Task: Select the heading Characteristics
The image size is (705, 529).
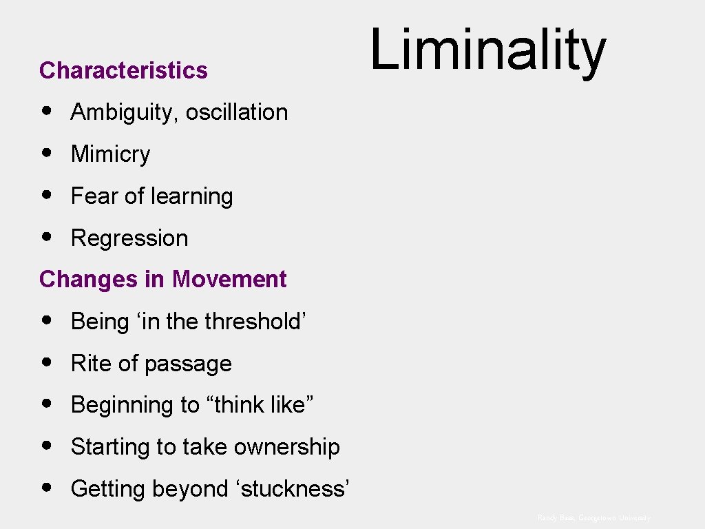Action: [x=123, y=70]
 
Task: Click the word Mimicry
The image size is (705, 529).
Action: [x=110, y=154]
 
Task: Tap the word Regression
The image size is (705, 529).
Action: [x=129, y=238]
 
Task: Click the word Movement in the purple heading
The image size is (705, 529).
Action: [x=229, y=280]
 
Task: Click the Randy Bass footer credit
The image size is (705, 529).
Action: [x=593, y=517]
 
